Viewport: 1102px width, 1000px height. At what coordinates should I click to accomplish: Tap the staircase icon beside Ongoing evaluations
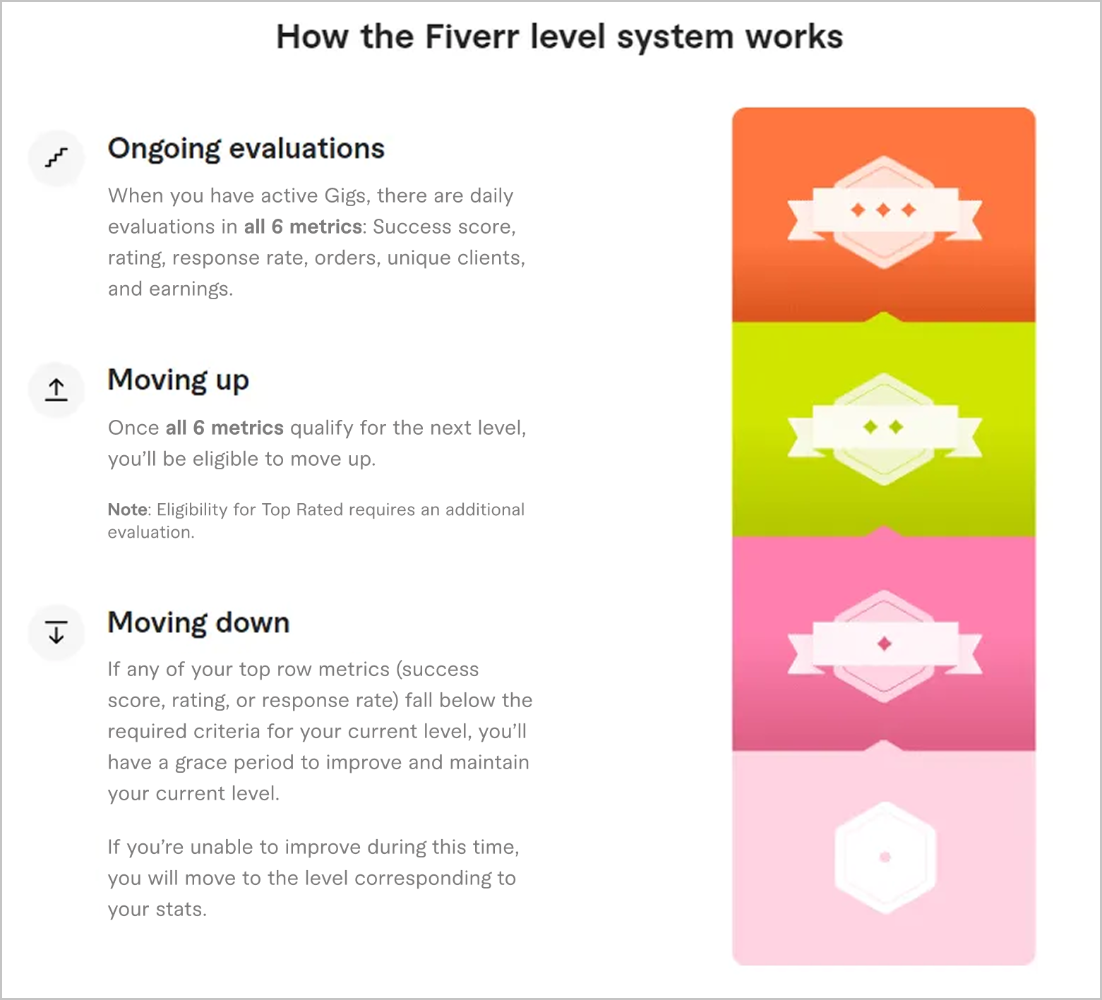56,157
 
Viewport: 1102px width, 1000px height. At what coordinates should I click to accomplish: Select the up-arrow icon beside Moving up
56,389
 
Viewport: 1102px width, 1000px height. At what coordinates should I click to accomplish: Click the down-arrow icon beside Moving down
56,632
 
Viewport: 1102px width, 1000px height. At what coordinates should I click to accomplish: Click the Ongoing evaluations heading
246,149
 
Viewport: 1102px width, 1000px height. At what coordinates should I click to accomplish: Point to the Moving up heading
178,380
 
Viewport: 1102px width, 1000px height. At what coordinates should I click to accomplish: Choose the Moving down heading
198,623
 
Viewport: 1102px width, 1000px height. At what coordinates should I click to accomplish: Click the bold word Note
128,510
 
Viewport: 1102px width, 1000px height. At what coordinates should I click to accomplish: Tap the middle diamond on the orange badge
883,210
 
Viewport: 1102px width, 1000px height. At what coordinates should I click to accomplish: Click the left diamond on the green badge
870,427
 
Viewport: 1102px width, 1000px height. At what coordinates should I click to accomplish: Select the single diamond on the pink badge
884,643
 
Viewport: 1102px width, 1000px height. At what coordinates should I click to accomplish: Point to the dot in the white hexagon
885,857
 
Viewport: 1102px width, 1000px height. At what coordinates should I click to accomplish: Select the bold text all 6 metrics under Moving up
224,428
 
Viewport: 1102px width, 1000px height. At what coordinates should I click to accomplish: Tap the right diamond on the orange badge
909,210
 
